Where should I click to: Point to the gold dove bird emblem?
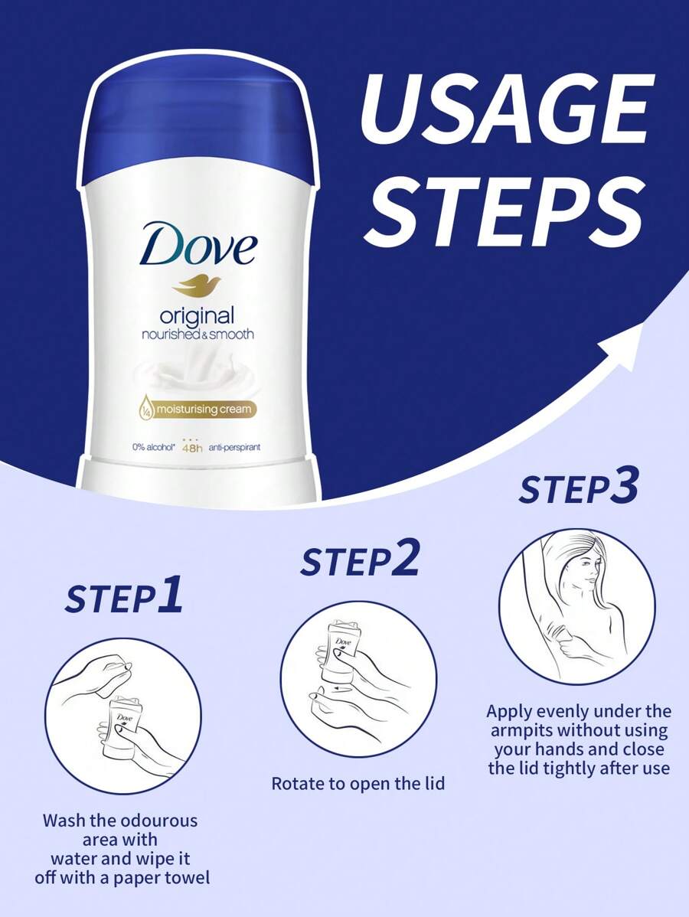[x=196, y=285]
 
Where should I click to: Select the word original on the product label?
[x=197, y=315]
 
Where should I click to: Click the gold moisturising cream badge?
[x=197, y=410]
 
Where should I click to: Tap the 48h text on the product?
[x=191, y=448]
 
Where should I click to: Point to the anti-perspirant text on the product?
[x=235, y=447]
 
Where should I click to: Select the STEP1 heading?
[x=124, y=598]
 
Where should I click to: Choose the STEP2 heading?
[x=360, y=561]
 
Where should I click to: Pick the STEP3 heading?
[x=578, y=490]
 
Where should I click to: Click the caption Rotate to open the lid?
[x=358, y=784]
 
